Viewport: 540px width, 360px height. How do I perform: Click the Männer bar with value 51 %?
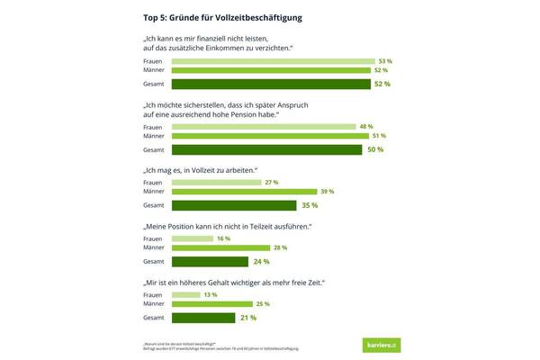coord(270,137)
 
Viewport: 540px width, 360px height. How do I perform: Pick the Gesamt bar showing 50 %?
coord(268,149)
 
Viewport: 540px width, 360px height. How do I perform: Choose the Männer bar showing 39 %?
coord(244,192)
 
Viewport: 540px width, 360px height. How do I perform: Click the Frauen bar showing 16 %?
coord(192,238)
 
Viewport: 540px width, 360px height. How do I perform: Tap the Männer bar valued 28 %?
coord(220,247)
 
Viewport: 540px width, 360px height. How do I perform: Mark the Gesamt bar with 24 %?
coord(210,261)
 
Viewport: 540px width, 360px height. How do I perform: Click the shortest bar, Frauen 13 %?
coord(186,294)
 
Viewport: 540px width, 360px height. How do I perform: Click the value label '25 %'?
coord(262,303)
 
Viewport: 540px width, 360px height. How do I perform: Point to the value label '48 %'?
coord(366,127)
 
